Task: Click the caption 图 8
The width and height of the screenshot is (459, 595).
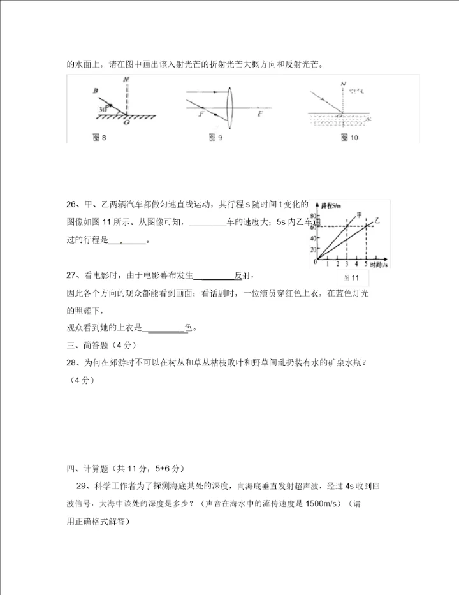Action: point(99,138)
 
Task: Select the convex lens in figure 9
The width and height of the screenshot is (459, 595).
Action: point(231,101)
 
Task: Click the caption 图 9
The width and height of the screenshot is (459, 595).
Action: point(215,138)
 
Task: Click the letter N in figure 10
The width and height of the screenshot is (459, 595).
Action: point(343,84)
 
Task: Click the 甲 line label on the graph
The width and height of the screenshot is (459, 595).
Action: point(360,214)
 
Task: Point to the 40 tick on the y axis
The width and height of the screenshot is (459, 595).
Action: point(313,239)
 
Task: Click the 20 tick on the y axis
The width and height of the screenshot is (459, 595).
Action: point(313,250)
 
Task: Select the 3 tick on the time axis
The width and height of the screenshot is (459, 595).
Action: point(347,263)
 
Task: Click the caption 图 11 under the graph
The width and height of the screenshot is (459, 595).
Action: point(351,278)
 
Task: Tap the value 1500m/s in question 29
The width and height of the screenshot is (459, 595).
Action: point(316,503)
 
